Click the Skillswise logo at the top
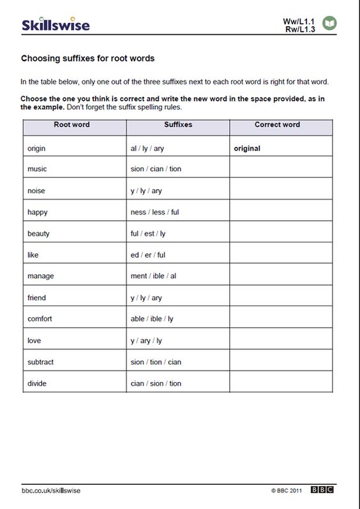[56, 25]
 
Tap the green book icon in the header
[330, 24]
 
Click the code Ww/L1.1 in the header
[299, 20]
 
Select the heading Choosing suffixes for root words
[87, 59]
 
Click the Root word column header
[71, 124]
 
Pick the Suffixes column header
[178, 124]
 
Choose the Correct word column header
[278, 124]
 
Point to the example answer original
[247, 148]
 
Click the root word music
[37, 169]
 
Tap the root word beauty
[38, 233]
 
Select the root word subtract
[40, 362]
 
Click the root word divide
[37, 383]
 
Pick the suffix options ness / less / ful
[154, 212]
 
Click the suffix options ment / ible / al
[153, 276]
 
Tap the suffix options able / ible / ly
[152, 319]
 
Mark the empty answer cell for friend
[281, 298]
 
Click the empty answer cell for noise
[281, 191]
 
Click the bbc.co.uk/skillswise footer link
[51, 490]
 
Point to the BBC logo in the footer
[322, 490]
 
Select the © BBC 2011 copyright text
[286, 491]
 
